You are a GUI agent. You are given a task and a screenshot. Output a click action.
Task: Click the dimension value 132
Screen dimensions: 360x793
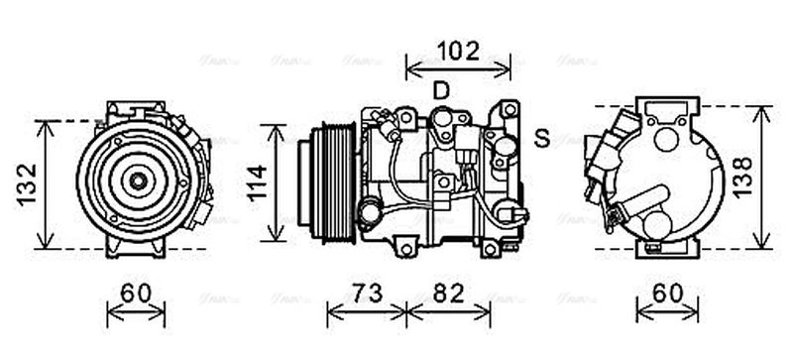pos(27,183)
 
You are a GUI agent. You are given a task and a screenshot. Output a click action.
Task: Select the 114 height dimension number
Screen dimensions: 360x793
pos(256,182)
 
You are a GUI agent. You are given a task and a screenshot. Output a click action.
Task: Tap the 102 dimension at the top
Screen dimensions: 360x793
pos(458,49)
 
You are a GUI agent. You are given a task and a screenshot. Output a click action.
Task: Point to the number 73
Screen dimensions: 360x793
pos(367,294)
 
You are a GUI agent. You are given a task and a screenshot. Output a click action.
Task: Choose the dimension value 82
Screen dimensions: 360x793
pos(449,294)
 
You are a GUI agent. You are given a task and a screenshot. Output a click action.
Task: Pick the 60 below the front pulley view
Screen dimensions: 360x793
pos(137,294)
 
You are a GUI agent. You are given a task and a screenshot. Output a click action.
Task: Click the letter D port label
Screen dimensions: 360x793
pos(441,91)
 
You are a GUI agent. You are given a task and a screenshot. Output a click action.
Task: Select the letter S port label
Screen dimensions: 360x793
pos(541,139)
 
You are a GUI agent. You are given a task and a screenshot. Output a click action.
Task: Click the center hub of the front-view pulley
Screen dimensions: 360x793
pos(137,180)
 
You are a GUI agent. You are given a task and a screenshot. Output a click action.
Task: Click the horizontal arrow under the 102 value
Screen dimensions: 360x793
pos(458,67)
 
